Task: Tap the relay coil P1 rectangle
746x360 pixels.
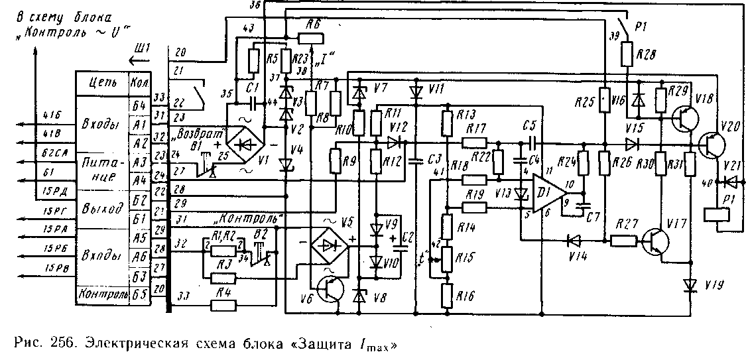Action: tap(717, 215)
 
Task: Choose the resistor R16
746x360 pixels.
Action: tap(448, 294)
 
